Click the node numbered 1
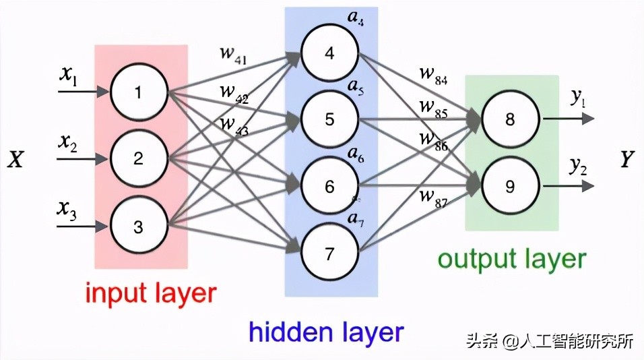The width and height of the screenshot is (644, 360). [x=138, y=92]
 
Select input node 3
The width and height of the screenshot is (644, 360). [x=138, y=227]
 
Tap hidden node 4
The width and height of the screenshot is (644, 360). [x=329, y=53]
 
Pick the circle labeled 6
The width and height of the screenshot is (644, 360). [x=329, y=187]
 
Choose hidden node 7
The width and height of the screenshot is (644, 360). [x=329, y=254]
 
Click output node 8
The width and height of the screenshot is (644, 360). [x=510, y=120]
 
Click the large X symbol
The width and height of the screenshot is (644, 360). [x=16, y=159]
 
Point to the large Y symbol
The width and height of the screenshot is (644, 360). [x=628, y=159]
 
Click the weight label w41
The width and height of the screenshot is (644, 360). [x=233, y=57]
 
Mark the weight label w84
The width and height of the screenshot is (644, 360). [x=433, y=77]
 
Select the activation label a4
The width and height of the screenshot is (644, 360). [x=355, y=18]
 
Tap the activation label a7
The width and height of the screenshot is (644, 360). [x=355, y=219]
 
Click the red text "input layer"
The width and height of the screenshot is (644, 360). [x=150, y=294]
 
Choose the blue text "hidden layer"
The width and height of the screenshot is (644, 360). [x=326, y=332]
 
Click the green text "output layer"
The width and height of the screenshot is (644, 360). [x=512, y=259]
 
